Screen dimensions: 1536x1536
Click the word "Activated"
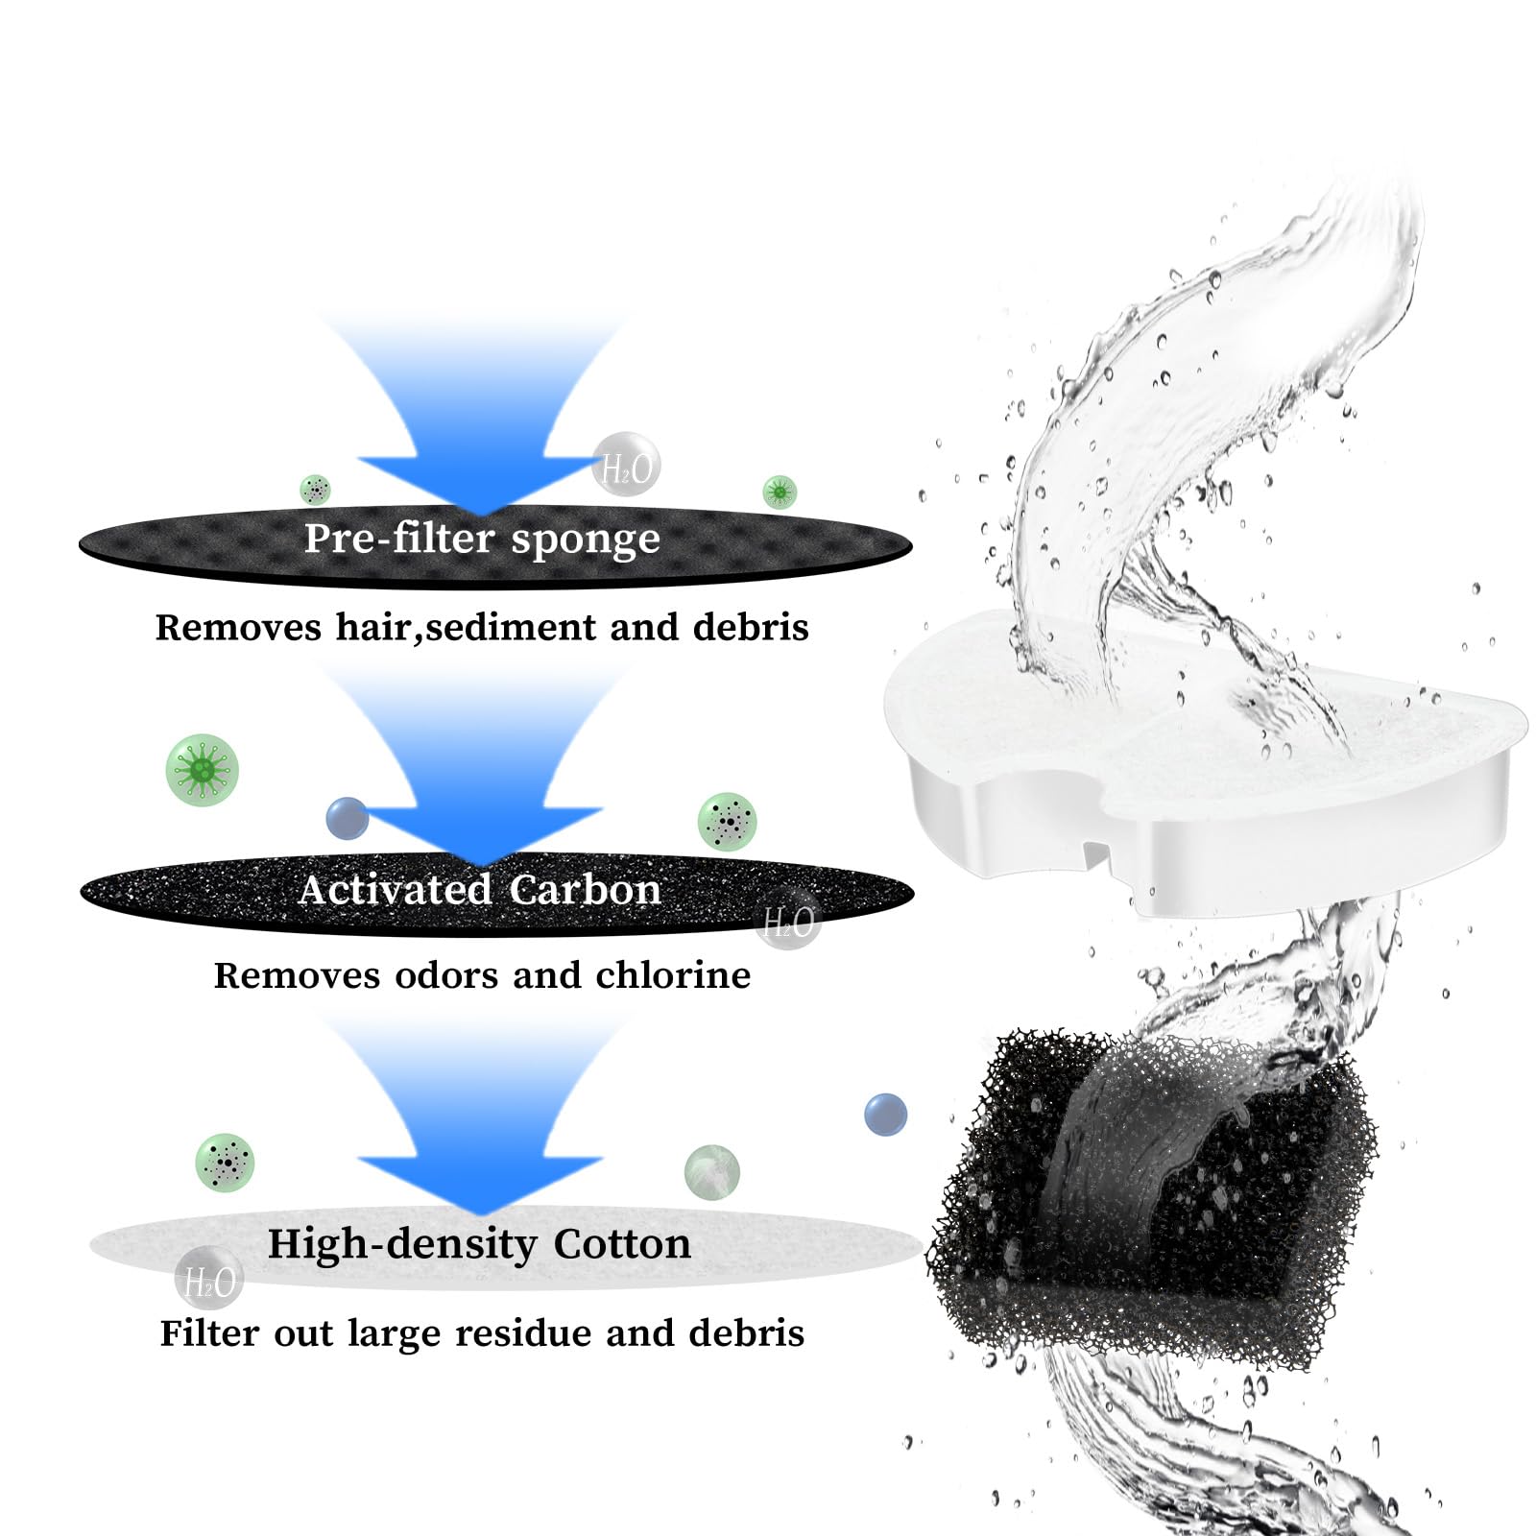pos(396,889)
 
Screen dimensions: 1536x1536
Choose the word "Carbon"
pos(585,890)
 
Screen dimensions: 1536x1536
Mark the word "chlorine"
pos(673,975)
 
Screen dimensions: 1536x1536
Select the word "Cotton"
pos(622,1243)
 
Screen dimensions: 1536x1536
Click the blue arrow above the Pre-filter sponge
pos(480,422)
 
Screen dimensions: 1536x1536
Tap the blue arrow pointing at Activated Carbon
pos(480,768)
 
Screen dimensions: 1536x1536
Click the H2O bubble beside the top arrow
pos(626,465)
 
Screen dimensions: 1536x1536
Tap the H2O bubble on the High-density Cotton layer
pos(209,1278)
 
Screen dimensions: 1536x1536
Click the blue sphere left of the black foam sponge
pos(885,1114)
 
